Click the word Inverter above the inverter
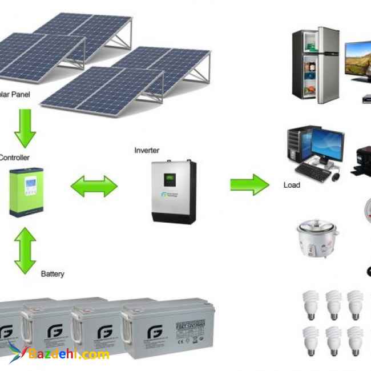click(x=147, y=150)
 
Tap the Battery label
click(x=53, y=274)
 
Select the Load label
click(x=292, y=185)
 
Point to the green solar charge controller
click(x=26, y=192)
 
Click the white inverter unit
click(x=174, y=192)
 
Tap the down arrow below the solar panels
click(x=25, y=128)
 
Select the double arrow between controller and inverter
click(x=94, y=185)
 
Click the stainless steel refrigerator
click(x=316, y=65)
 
